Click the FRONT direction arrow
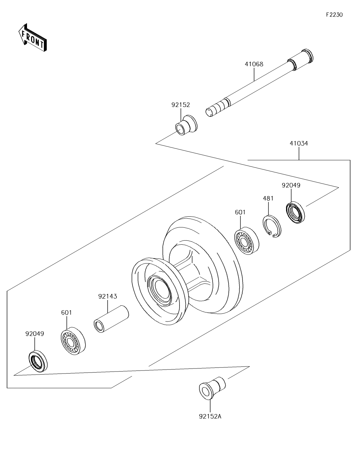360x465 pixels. point(32,37)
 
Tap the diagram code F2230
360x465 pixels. point(334,15)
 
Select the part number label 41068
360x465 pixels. point(254,64)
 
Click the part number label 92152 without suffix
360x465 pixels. point(181,105)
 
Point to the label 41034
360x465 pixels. point(299,143)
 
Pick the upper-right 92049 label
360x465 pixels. point(291,185)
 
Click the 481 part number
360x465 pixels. point(268,198)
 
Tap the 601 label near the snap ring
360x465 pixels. point(240,212)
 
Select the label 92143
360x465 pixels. point(108,296)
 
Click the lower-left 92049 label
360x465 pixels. point(35,334)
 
